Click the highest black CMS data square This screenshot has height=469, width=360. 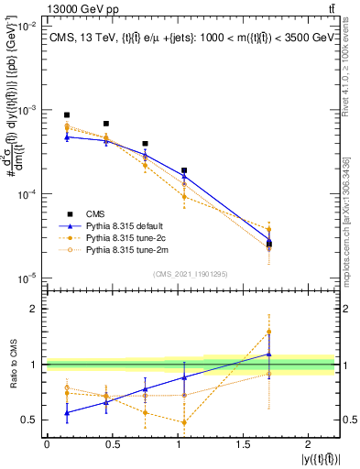tap(67, 115)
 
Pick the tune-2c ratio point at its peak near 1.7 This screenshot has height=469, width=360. tap(269, 332)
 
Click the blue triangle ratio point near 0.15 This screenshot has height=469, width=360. tap(67, 413)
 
